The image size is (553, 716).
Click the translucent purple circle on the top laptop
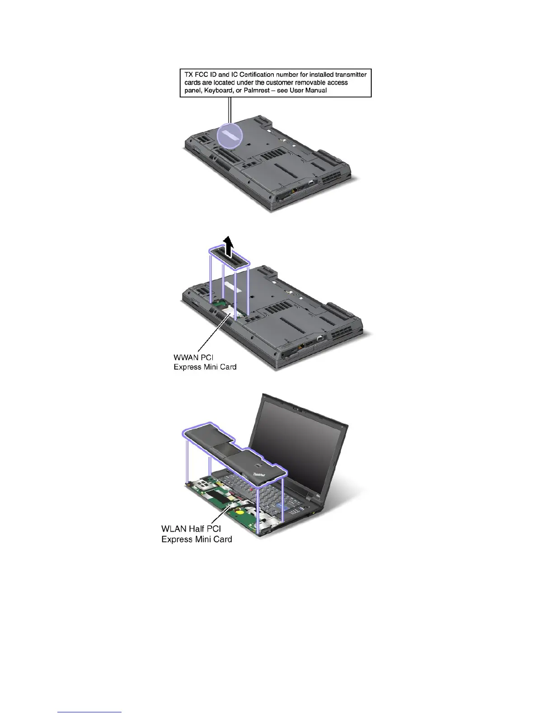point(230,136)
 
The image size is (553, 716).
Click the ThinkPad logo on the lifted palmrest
point(258,475)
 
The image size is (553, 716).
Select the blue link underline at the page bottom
point(89,712)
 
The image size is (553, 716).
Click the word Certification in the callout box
point(258,74)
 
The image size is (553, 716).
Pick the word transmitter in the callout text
point(351,74)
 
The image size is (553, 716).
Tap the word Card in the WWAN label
point(228,367)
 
